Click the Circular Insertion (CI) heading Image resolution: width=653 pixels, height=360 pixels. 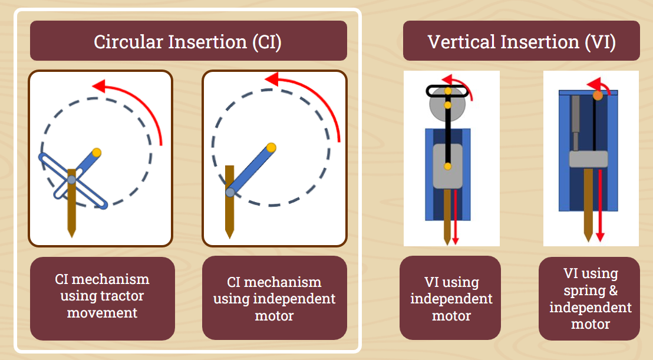click(188, 42)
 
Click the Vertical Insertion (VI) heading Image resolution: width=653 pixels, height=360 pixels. click(522, 42)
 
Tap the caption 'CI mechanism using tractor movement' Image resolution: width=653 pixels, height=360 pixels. click(103, 296)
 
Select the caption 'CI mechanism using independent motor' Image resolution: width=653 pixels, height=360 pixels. click(275, 299)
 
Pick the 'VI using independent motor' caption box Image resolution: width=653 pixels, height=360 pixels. click(451, 298)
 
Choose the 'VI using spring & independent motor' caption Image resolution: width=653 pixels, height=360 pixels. click(590, 298)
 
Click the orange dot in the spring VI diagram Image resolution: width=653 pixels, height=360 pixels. click(598, 95)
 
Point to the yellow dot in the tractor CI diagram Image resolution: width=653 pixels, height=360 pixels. click(97, 153)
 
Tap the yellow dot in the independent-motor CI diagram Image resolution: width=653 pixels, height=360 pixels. click(271, 147)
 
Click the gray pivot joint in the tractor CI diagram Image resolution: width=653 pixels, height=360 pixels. click(72, 180)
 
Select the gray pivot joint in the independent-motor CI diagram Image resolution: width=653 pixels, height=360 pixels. click(230, 192)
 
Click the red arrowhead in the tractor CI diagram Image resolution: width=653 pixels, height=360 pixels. click(98, 86)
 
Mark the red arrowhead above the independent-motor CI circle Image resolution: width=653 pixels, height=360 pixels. click(272, 79)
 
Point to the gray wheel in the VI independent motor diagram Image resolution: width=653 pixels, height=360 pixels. click(447, 104)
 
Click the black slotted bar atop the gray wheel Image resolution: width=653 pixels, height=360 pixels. click(447, 91)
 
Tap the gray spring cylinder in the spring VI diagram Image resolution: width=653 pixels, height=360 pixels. click(576, 123)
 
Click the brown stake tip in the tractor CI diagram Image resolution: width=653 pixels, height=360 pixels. click(72, 235)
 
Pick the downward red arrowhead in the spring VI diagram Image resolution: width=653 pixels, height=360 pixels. click(600, 237)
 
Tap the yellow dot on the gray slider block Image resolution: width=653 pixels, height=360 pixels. click(448, 167)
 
